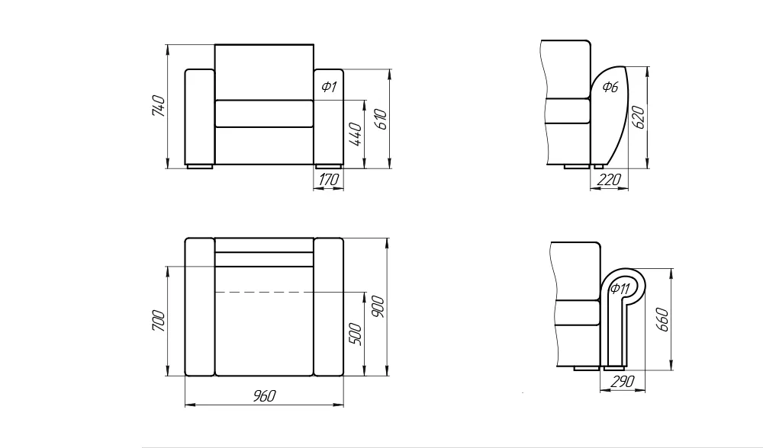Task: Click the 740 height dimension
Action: coord(159,106)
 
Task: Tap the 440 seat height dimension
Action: coord(356,135)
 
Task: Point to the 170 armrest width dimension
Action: coord(328,180)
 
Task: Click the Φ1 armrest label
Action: coord(329,87)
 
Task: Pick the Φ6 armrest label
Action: coord(610,87)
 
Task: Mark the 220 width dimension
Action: coord(609,180)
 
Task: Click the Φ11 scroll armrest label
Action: coord(620,289)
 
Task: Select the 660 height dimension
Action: coord(663,319)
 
